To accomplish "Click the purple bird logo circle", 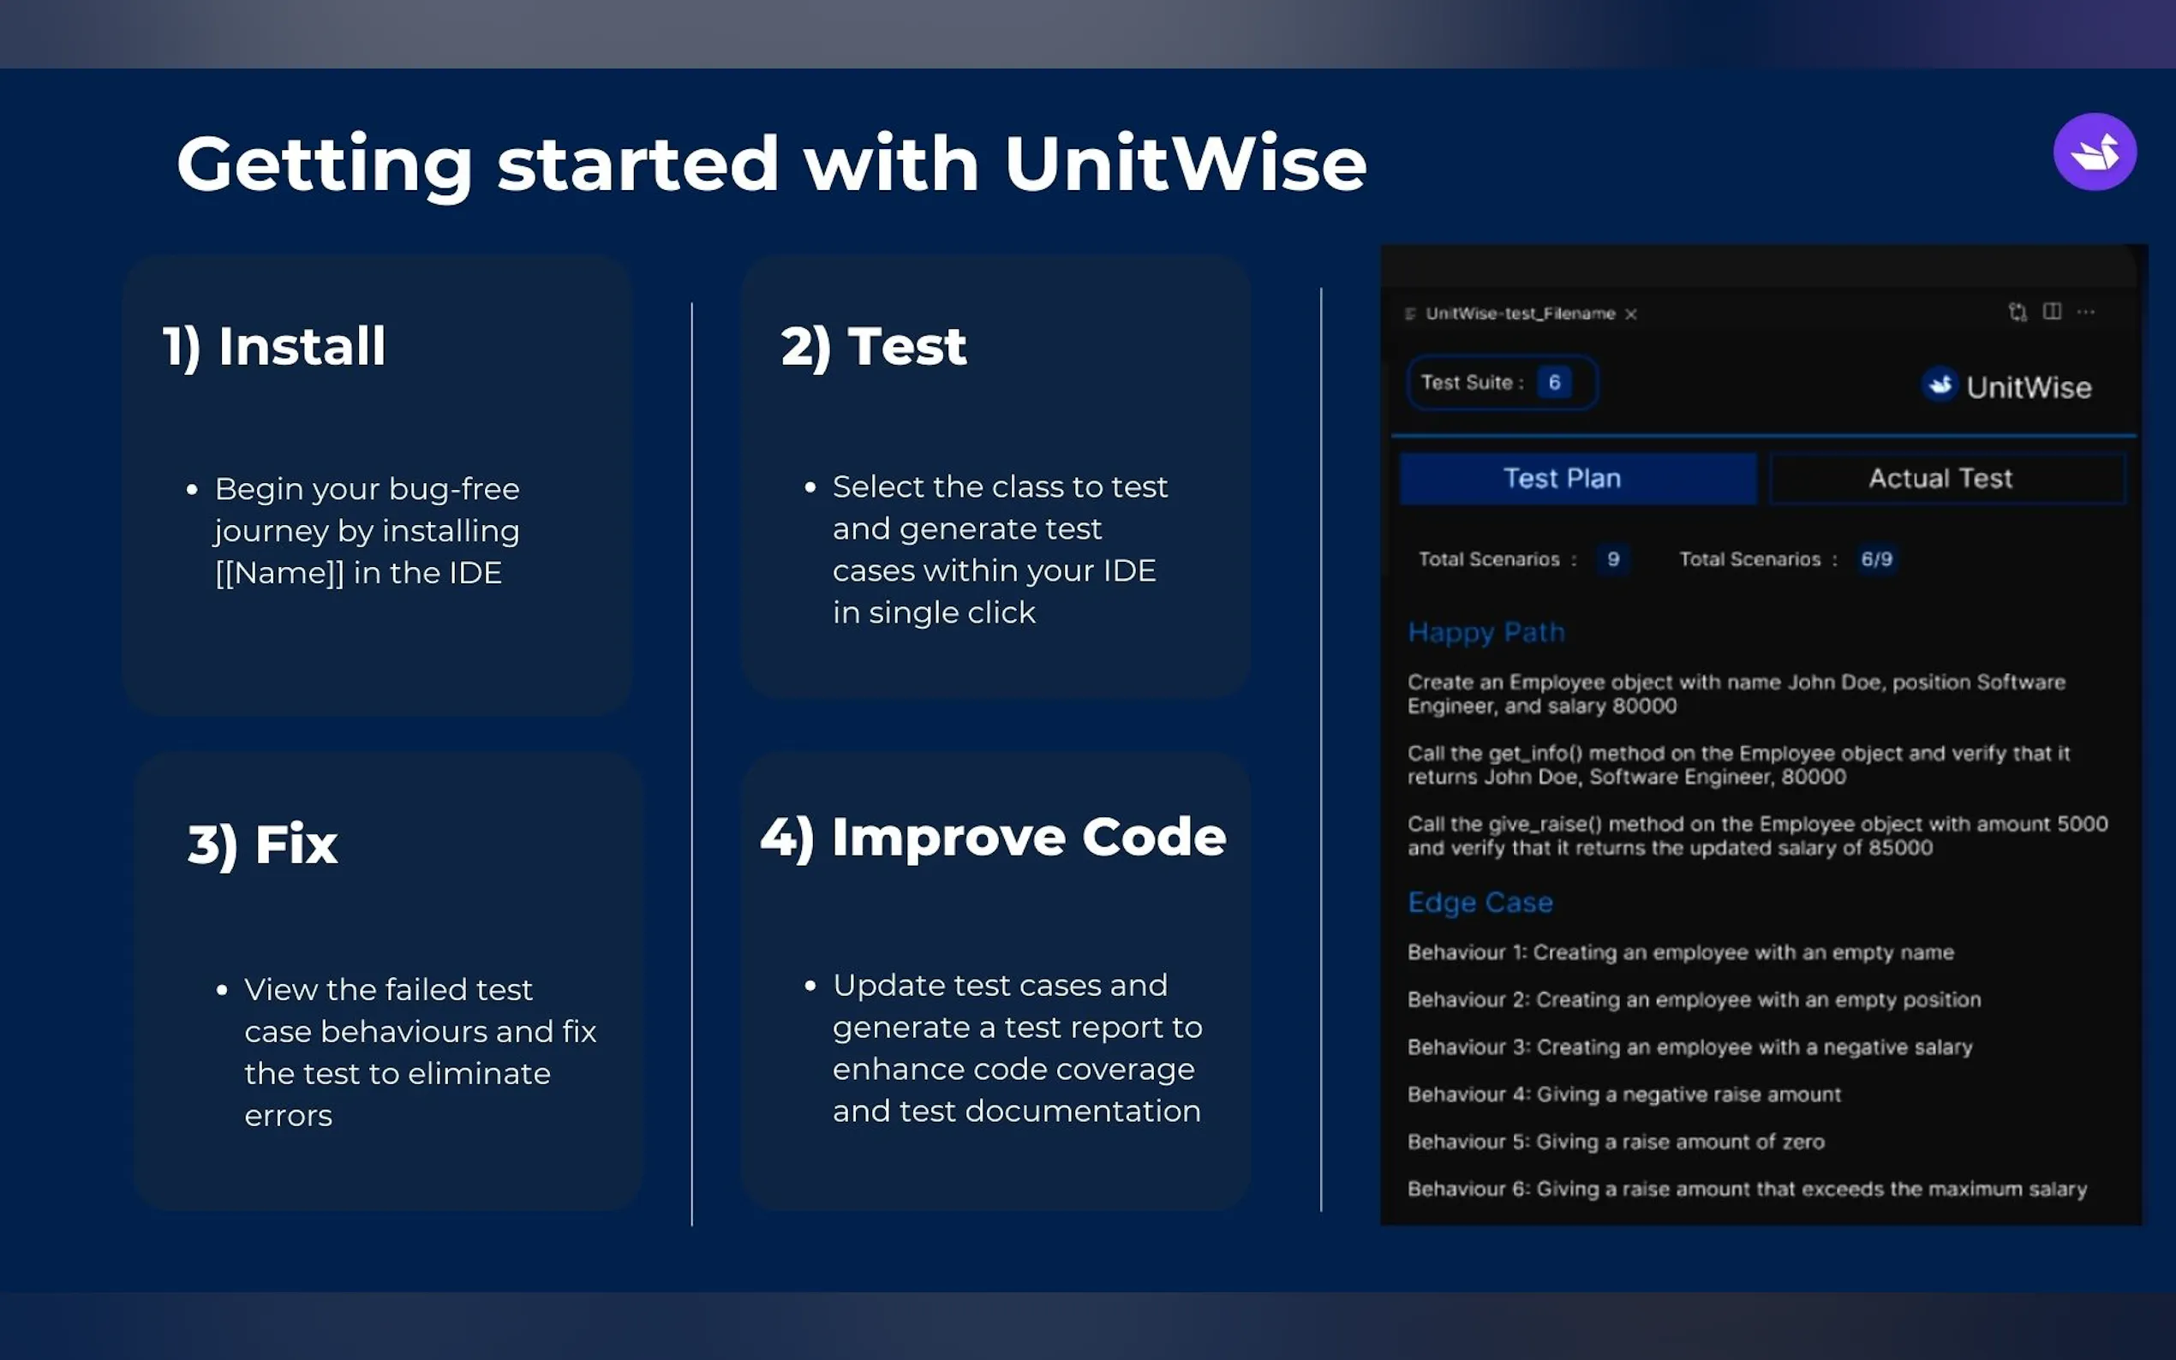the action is [x=2094, y=152].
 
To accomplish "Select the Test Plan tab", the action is [x=1578, y=479].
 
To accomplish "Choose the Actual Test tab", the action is [x=1947, y=479].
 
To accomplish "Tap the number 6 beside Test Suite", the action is [x=1553, y=382].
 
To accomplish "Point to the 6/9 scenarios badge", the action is [x=1876, y=559].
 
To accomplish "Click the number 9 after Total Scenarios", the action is [x=1613, y=559].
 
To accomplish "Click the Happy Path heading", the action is [x=1486, y=633].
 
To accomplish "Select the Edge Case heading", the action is [x=1480, y=903].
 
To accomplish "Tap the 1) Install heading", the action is [x=274, y=347].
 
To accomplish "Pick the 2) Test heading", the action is [x=874, y=347].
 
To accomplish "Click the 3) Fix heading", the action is [x=263, y=845].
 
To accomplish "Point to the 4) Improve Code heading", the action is [x=993, y=838].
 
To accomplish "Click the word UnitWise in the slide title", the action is [x=1185, y=164].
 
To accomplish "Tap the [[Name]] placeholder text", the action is [x=280, y=573].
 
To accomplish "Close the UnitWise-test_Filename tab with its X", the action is [x=1631, y=314].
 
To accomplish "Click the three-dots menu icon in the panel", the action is [x=2085, y=312].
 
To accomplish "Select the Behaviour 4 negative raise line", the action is [x=1623, y=1095].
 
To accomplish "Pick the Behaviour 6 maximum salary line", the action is [x=1747, y=1189].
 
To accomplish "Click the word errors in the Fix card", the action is [x=289, y=1116].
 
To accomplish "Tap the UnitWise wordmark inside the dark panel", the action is [x=2029, y=388].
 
